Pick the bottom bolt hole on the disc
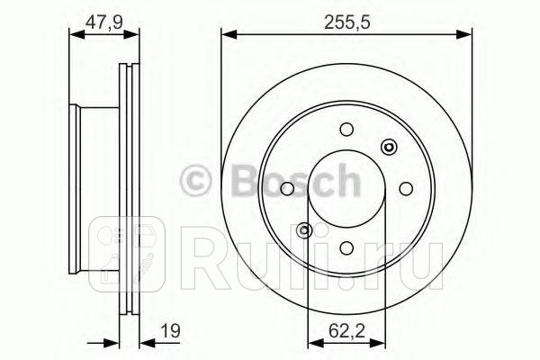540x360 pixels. (x=346, y=246)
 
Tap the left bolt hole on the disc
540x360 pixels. (x=288, y=188)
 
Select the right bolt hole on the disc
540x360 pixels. (x=404, y=188)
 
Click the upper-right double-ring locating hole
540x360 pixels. (x=388, y=147)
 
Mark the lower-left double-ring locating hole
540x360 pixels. (x=304, y=229)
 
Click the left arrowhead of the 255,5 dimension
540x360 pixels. (x=226, y=35)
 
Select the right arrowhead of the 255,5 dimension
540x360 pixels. (x=467, y=35)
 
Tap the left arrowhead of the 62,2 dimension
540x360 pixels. (x=312, y=342)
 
